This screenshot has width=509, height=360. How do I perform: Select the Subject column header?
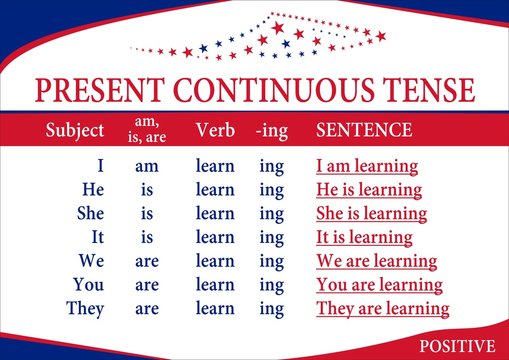coord(75,130)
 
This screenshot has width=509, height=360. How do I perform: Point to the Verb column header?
coord(215,130)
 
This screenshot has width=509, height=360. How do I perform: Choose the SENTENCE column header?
coord(364,130)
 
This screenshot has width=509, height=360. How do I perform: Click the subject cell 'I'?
coord(99,166)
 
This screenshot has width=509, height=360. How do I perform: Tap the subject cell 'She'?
coord(91,213)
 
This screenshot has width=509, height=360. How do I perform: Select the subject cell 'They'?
coord(85,309)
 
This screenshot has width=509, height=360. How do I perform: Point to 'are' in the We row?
coord(147,261)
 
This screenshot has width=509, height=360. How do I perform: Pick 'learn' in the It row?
coord(215,237)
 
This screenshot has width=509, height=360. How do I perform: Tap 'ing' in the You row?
coord(271,285)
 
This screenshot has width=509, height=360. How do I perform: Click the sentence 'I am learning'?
coord(367,166)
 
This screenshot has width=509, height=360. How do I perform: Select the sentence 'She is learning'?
coord(372,213)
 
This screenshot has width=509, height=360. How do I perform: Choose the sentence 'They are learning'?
coord(383,309)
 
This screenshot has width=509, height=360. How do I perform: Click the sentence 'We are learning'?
coord(377,261)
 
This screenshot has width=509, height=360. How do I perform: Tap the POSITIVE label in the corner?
coord(457,346)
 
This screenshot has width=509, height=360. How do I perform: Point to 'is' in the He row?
coord(147,189)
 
